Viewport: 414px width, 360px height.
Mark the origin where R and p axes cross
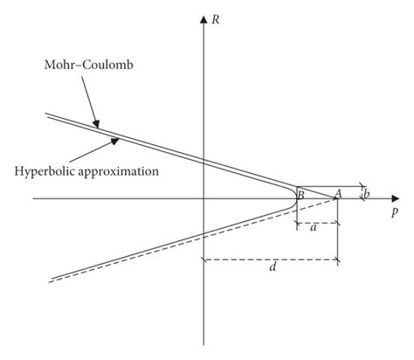(204, 199)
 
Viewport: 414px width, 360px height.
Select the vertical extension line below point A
(338, 236)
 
